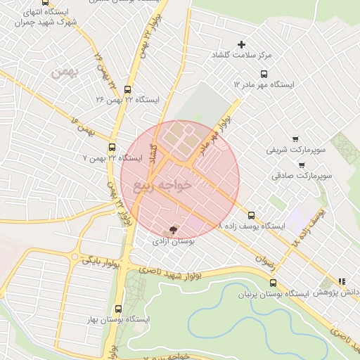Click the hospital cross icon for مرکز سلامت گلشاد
tap(243, 44)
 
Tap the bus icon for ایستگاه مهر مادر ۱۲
tap(264, 74)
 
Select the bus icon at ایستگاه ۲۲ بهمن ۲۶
tap(127, 89)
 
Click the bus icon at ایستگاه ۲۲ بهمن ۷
tap(112, 148)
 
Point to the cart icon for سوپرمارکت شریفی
tap(295, 139)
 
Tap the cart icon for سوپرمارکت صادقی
tap(302, 165)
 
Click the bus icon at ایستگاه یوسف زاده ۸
tap(252, 216)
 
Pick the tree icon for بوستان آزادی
tap(174, 230)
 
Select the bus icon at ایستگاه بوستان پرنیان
tap(273, 283)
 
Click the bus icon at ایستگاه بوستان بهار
tap(117, 309)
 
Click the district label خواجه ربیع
tap(162, 186)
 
